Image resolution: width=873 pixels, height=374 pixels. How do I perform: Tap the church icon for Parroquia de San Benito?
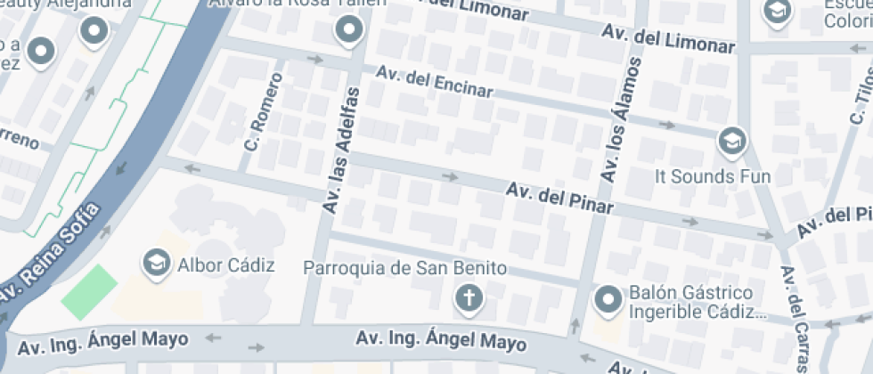(467, 300)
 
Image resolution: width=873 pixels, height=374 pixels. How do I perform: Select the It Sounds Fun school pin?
(732, 141)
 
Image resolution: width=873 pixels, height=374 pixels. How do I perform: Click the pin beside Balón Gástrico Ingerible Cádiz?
(609, 300)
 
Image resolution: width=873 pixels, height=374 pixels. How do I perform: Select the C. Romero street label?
(264, 110)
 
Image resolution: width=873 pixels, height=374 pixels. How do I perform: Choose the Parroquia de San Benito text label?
(405, 267)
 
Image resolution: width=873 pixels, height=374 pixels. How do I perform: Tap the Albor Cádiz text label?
(226, 264)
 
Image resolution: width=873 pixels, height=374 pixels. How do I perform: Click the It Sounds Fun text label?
(713, 176)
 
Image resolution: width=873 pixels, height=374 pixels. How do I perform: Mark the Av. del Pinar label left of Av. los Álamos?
(559, 199)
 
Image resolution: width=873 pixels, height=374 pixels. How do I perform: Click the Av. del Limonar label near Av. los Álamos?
(668, 38)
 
